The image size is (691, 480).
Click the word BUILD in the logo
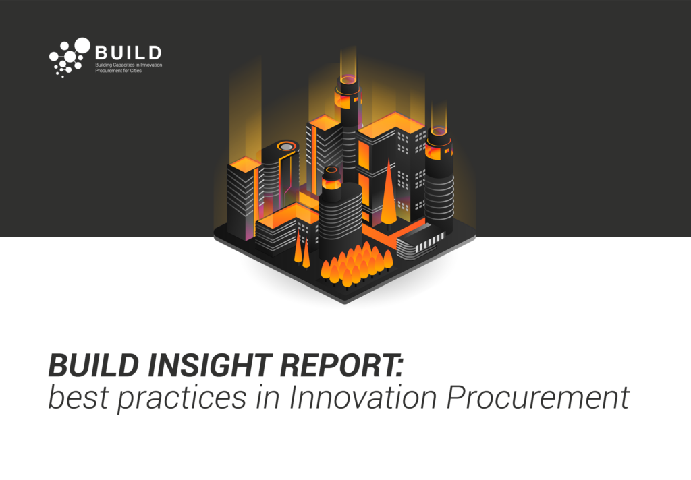128,53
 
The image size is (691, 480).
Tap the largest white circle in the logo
82,45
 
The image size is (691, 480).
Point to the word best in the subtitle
78,397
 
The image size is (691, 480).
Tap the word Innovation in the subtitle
362,397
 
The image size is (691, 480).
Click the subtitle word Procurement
538,397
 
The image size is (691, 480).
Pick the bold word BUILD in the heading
93,365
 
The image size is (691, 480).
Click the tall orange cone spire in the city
388,193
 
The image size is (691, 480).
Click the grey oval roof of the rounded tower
286,146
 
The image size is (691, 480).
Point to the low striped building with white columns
418,241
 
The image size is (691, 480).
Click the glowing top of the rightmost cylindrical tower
439,131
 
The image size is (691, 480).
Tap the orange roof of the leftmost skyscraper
244,164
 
